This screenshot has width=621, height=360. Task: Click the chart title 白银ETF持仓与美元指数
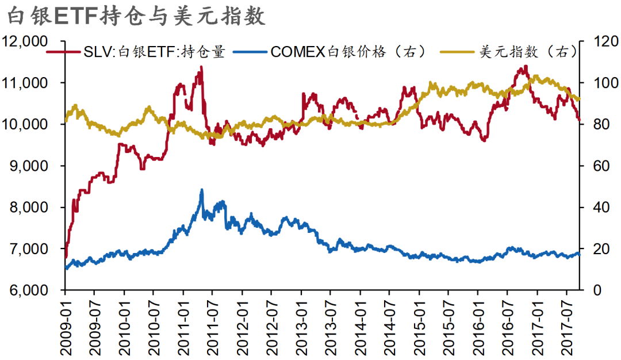click(136, 16)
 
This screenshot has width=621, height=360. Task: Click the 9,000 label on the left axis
click(27, 166)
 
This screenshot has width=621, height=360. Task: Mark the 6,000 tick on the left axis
click(27, 290)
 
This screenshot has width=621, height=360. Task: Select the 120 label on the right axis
click(599, 41)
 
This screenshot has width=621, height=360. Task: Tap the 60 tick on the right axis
click(595, 166)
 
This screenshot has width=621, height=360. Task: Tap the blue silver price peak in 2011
click(201, 190)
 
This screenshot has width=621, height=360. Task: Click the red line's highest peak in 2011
click(201, 67)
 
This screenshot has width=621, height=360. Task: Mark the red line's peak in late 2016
click(524, 67)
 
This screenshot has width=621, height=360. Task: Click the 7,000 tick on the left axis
click(27, 249)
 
